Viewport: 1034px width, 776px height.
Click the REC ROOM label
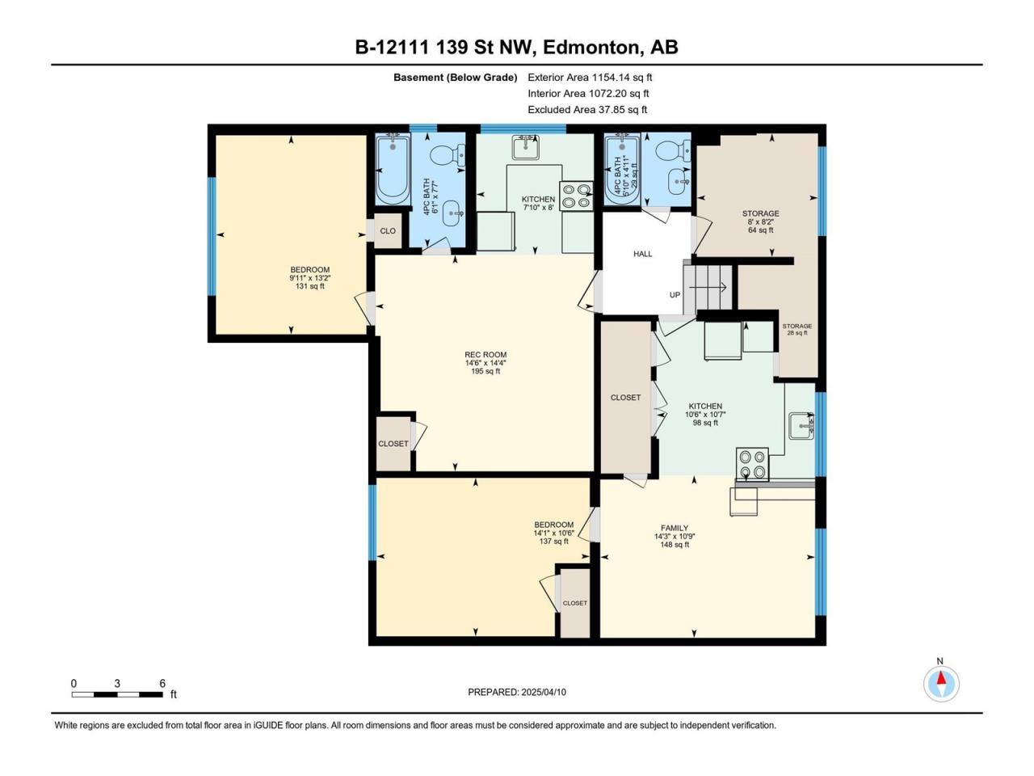click(485, 355)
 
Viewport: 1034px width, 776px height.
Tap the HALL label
click(642, 254)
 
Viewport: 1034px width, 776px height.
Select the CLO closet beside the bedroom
click(388, 231)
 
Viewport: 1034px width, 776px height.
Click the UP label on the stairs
click(675, 295)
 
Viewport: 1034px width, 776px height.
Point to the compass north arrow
click(941, 679)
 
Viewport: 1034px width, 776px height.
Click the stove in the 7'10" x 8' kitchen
click(577, 196)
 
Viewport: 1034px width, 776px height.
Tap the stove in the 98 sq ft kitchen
click(752, 465)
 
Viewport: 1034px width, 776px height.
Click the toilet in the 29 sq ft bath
click(673, 151)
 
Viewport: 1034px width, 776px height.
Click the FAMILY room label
click(675, 528)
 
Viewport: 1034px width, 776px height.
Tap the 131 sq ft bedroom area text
click(309, 286)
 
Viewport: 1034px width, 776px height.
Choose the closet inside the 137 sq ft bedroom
click(574, 604)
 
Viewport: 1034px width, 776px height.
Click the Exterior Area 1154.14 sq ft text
click(590, 78)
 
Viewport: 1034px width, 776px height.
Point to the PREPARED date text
click(517, 692)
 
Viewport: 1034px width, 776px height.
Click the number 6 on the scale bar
click(162, 683)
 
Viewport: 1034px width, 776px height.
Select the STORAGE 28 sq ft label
click(797, 329)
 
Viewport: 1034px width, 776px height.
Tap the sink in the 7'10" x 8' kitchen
click(526, 148)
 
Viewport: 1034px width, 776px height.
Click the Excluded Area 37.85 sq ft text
click(587, 110)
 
